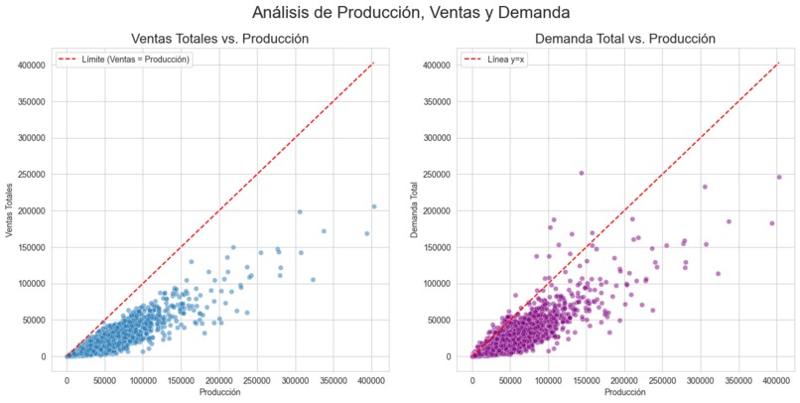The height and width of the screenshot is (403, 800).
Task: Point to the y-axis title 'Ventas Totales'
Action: [9, 209]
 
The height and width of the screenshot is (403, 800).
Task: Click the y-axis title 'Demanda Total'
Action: [415, 209]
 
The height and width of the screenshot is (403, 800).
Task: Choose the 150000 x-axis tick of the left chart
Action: [182, 377]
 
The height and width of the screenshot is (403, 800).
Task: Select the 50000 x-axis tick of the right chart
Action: [511, 377]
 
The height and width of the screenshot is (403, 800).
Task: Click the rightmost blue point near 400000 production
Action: [374, 206]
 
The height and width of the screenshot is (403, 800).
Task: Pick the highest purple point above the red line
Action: [582, 173]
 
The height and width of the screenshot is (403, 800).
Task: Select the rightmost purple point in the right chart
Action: [779, 178]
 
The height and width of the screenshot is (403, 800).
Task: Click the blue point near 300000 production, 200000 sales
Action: [299, 211]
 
